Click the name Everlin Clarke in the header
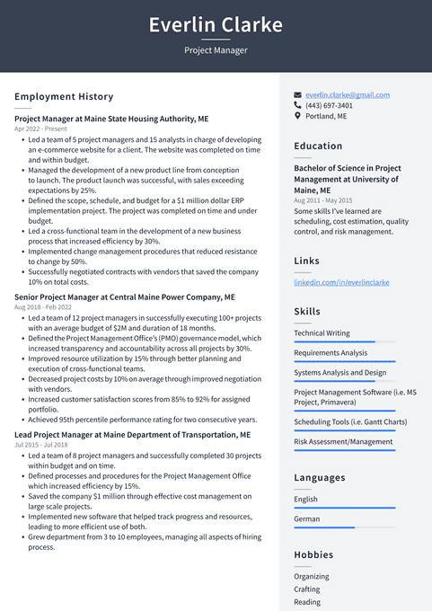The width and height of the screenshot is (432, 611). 216,24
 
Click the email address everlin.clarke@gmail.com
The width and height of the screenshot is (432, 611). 347,94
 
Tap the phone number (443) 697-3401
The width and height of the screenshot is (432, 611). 329,105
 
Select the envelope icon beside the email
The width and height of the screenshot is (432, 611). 298,94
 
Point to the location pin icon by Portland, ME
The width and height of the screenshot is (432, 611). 298,116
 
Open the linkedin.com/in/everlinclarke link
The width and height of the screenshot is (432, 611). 341,282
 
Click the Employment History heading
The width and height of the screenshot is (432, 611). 64,96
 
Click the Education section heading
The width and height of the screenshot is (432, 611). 318,146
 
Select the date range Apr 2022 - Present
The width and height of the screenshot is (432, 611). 40,129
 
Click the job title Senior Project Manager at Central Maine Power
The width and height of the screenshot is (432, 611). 125,297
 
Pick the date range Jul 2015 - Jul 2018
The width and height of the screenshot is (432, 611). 41,445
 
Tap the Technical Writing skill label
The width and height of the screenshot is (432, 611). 322,332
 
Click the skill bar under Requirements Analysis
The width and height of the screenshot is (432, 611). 344,362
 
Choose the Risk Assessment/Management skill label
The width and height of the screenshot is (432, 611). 343,441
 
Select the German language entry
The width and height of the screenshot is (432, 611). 306,518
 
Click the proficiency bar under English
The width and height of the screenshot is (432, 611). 344,508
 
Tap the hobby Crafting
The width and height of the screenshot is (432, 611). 308,589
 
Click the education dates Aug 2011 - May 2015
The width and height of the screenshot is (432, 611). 323,200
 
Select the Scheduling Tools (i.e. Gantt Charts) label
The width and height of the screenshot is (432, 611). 350,421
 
